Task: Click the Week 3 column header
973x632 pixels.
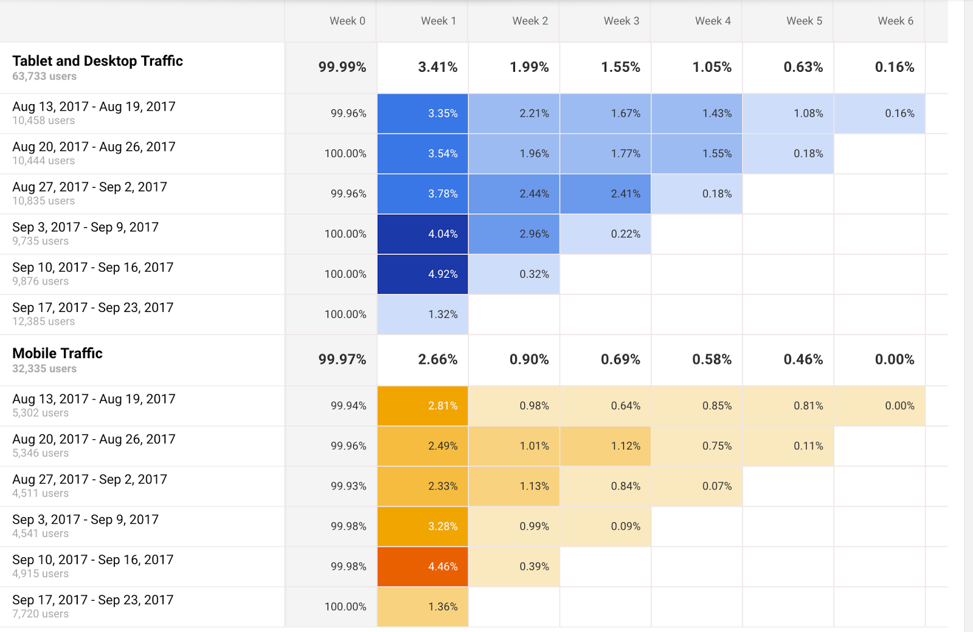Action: coord(621,21)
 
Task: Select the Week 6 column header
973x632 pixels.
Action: coord(895,21)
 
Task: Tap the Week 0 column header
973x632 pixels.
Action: coord(347,21)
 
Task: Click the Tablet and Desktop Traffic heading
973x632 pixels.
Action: coord(97,61)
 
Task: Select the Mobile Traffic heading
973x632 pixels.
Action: coord(57,353)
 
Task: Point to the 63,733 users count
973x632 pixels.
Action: coord(44,77)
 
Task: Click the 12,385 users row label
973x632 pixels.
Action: coord(44,322)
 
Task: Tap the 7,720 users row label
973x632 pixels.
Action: coord(40,614)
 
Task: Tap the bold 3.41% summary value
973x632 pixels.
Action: coord(438,67)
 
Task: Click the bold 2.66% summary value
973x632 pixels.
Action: coord(438,359)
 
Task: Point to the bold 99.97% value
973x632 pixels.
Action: coord(342,359)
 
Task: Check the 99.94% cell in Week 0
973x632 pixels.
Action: coord(348,406)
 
